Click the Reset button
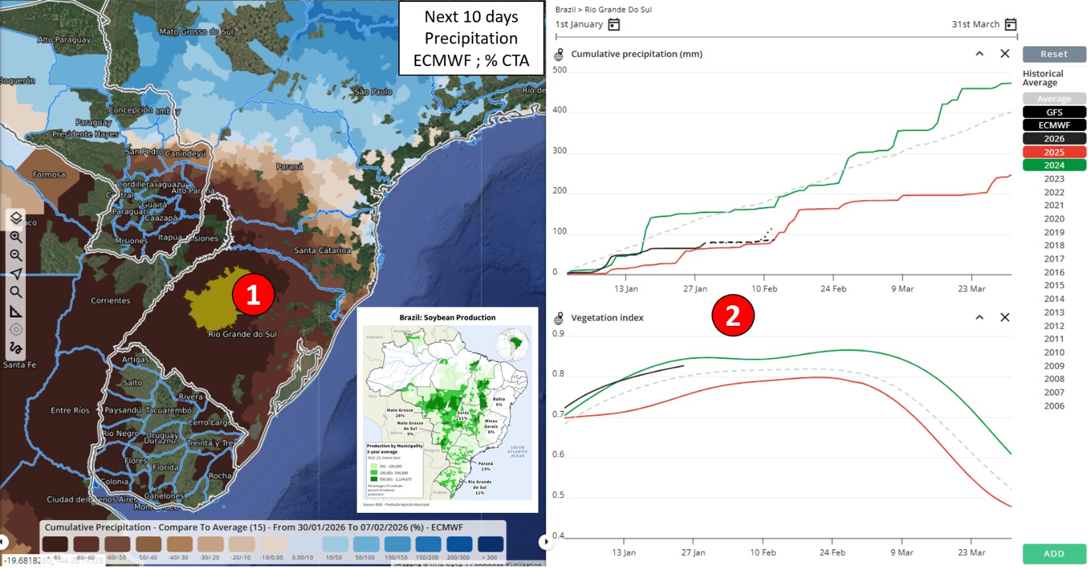(x=1054, y=54)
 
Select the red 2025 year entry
(x=1054, y=152)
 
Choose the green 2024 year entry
(x=1054, y=165)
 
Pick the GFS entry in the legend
(x=1054, y=112)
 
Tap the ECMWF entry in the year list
(x=1054, y=125)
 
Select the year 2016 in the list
(x=1054, y=272)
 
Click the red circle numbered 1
(x=253, y=295)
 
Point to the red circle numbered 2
(x=733, y=316)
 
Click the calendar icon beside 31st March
(x=1010, y=24)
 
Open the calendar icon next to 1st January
(x=614, y=24)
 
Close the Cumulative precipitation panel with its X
(x=1005, y=54)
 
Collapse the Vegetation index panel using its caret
(x=980, y=317)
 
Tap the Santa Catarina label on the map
(x=322, y=250)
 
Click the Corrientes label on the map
(x=110, y=301)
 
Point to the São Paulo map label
(x=373, y=92)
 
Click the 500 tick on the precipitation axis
(x=560, y=70)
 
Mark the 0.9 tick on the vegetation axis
(x=558, y=334)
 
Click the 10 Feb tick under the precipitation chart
(x=764, y=289)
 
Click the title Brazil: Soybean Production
(x=447, y=318)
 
